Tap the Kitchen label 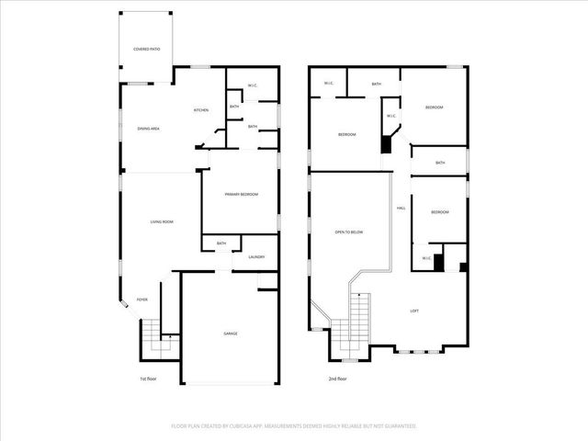(200, 110)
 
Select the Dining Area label (149, 129)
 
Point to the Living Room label (162, 221)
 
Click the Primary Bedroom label (242, 195)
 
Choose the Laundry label (256, 257)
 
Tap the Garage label (231, 333)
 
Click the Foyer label (142, 300)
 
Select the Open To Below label (349, 232)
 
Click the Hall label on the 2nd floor (401, 209)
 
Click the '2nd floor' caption (337, 379)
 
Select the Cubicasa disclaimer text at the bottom (294, 425)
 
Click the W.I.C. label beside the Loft (427, 258)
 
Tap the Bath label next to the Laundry (221, 243)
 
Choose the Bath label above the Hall (440, 163)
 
